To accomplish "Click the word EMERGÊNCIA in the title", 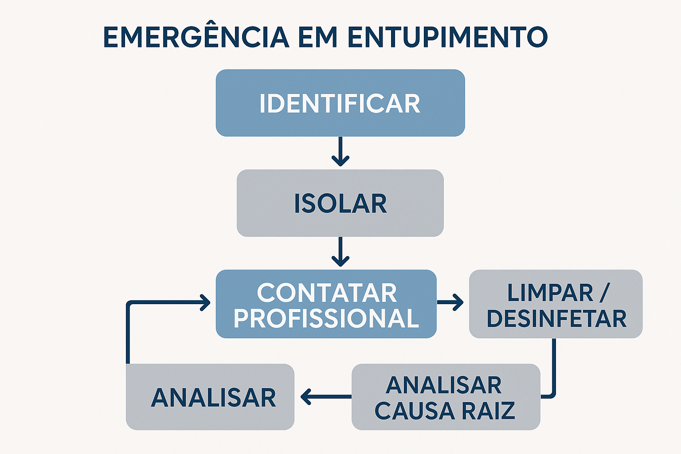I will (196, 37).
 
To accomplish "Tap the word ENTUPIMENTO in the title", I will (447, 37).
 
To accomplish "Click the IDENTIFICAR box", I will (340, 103).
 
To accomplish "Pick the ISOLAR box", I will (340, 203).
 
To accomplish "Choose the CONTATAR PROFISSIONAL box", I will (326, 304).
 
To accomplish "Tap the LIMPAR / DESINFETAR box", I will (556, 304).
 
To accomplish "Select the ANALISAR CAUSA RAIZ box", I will (446, 397).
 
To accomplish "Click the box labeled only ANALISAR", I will (210, 397).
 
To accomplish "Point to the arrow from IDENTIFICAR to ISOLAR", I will (340, 152).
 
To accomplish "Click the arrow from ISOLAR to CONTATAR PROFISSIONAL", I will (340, 252).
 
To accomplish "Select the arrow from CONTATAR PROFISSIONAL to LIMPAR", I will (450, 302).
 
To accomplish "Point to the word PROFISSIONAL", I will (326, 318).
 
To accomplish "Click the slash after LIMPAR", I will (604, 293).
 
